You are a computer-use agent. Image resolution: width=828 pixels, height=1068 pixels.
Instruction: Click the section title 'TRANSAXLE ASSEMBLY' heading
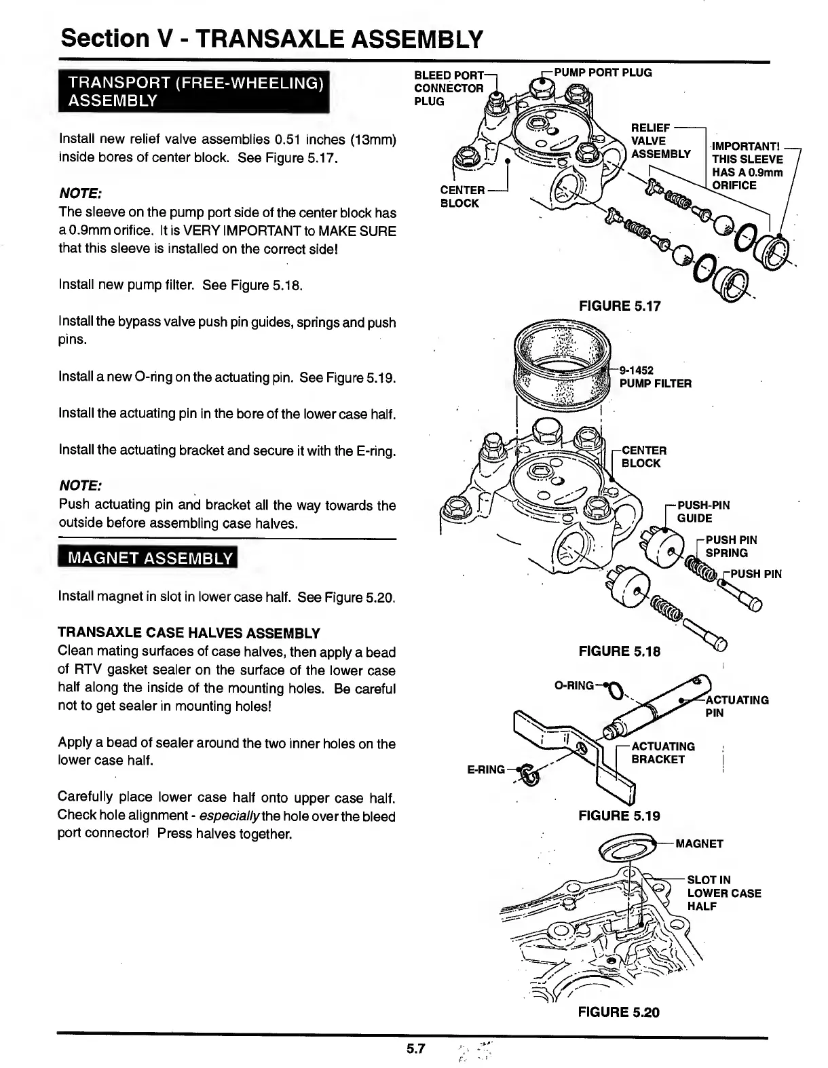click(271, 38)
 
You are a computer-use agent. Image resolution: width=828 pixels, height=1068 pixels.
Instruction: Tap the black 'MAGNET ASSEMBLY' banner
click(147, 558)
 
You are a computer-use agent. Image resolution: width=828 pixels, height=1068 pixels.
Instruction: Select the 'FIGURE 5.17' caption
click(619, 306)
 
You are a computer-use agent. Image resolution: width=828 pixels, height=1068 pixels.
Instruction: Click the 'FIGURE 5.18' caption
click(619, 651)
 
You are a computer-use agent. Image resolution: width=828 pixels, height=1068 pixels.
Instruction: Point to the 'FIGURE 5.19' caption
click(619, 816)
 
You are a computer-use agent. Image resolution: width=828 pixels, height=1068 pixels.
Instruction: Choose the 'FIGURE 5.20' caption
click(618, 1012)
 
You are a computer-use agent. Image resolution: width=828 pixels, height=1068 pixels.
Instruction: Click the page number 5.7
click(415, 1049)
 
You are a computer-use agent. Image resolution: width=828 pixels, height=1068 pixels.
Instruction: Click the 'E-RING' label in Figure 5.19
click(486, 769)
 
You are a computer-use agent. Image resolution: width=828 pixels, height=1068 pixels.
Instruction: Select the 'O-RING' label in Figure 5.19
click(573, 685)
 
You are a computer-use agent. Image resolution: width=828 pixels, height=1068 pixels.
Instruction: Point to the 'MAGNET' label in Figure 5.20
click(699, 844)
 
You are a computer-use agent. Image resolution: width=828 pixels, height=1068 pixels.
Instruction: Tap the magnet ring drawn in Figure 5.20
click(629, 849)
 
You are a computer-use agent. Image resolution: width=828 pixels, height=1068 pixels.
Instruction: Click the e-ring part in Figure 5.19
click(529, 774)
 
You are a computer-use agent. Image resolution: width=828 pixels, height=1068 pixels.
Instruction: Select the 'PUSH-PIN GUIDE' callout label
click(703, 512)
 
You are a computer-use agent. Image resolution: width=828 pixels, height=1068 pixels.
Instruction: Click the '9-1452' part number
click(636, 370)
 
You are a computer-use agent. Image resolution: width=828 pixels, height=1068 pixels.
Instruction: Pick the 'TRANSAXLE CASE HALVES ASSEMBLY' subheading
click(189, 633)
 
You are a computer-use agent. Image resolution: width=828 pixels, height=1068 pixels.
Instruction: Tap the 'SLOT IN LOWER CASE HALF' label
click(723, 893)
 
